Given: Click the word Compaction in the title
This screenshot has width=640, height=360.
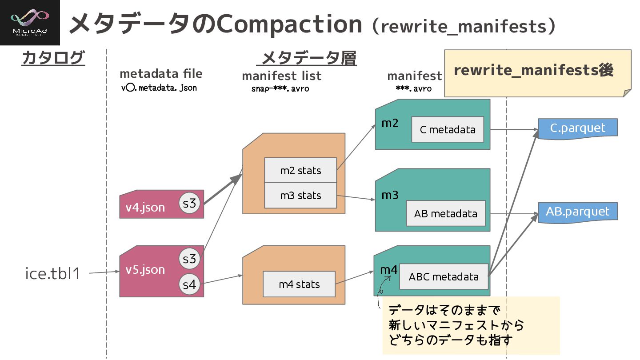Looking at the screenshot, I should coord(289,24).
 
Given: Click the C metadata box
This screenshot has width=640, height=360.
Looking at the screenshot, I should coord(447,129).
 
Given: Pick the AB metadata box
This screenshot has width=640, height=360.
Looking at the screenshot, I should coord(445,213).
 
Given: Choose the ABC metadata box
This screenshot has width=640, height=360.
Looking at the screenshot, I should coord(443,276).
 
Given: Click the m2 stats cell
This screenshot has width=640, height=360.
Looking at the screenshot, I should coord(300,170).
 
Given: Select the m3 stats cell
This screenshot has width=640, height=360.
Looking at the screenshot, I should coord(300,195).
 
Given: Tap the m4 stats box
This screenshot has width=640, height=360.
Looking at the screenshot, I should coord(299,284).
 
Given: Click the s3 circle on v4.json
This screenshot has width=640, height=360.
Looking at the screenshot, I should coord(190,204).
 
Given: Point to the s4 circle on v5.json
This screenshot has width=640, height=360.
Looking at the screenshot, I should coord(189,284).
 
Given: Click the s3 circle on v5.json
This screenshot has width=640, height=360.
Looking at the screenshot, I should coord(189,258).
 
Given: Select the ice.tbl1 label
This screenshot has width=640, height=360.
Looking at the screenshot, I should coord(53,273).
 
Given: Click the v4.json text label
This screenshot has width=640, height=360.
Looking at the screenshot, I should coord(145,207).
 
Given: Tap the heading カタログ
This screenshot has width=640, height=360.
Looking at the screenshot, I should coord(53,58).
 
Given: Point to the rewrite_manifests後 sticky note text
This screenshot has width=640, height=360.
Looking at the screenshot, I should coord(533,70).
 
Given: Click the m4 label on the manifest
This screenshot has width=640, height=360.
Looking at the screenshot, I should coord(388,270).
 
